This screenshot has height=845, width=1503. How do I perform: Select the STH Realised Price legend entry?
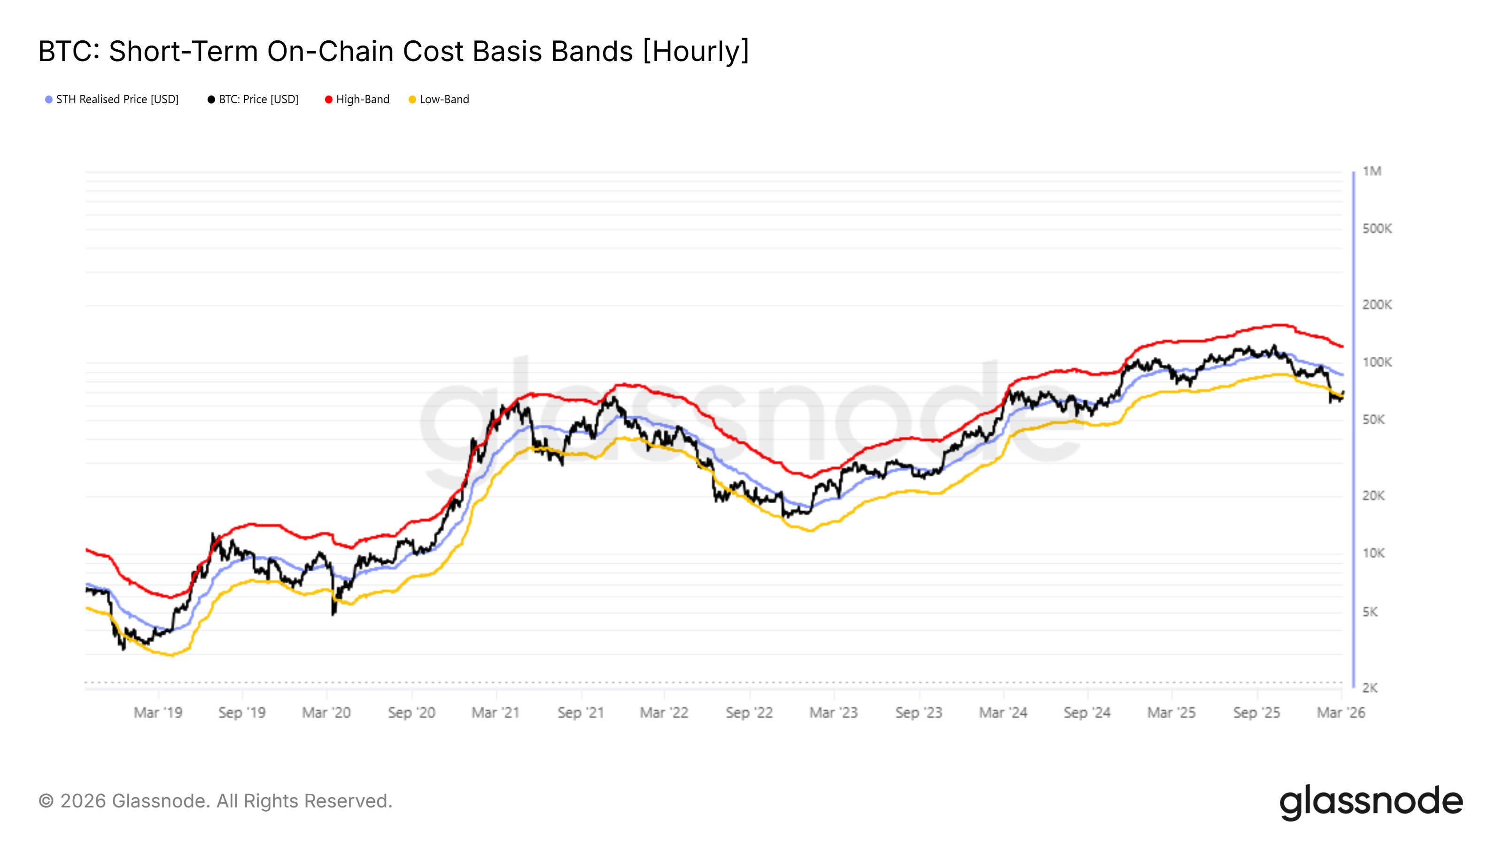(116, 100)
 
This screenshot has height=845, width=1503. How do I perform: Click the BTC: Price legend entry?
(258, 100)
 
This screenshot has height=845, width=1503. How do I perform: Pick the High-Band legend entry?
(362, 100)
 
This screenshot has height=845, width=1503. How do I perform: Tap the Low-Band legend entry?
(443, 100)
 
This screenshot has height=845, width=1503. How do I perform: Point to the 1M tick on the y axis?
(1371, 171)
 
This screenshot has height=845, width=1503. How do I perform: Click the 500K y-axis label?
(1376, 229)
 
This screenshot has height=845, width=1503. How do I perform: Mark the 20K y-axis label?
(1373, 496)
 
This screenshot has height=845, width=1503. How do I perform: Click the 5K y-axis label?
(1370, 612)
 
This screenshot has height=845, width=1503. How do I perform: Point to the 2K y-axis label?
(1370, 688)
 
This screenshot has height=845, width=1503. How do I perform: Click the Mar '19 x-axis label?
(158, 713)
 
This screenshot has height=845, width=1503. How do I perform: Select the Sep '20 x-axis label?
(412, 713)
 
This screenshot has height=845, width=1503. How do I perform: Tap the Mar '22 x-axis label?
(664, 713)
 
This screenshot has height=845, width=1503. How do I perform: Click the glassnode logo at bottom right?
(1371, 802)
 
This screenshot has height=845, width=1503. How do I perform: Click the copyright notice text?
(215, 801)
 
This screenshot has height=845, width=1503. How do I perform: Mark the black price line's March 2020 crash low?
(333, 614)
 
